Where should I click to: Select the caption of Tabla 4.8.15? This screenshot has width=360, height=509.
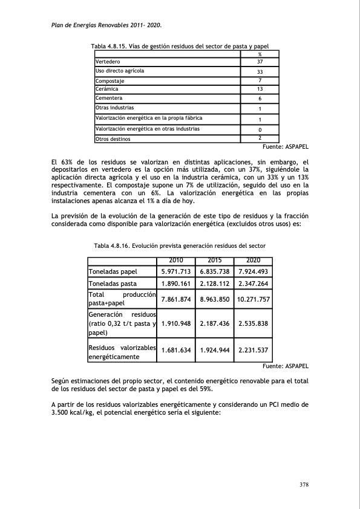tap(180, 47)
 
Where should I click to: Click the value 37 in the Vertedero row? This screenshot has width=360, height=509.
tap(260, 62)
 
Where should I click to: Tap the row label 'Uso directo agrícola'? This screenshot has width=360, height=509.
tap(120, 71)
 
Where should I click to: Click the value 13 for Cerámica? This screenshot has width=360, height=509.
tap(260, 89)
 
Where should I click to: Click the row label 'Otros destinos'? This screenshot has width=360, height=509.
tap(113, 139)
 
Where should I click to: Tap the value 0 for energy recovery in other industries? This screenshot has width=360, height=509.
tap(260, 129)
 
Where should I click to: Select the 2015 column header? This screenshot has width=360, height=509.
tap(215, 261)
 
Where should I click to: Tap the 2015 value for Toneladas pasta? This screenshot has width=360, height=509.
tap(215, 284)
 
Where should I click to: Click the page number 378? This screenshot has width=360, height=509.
tap(304, 484)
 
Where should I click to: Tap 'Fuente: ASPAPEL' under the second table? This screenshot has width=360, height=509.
tap(287, 366)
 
